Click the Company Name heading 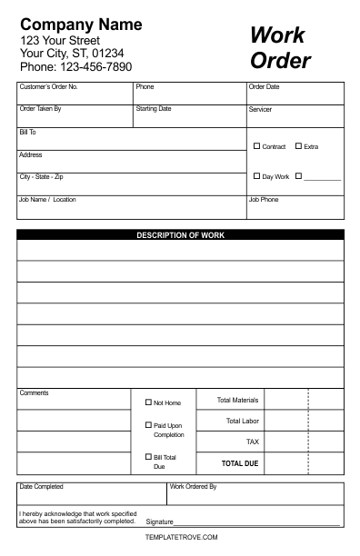click(81, 25)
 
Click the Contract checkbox click(256, 146)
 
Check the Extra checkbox click(298, 146)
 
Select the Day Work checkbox click(256, 176)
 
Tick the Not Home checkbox click(148, 402)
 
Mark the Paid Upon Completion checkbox click(148, 425)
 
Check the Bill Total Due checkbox click(148, 457)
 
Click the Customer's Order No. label click(48, 87)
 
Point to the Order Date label click(264, 87)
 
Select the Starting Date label click(153, 109)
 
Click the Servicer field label click(260, 110)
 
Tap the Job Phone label click(264, 199)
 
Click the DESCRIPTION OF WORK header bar click(180, 235)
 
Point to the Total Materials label click(237, 400)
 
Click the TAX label click(253, 442)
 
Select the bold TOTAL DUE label click(240, 463)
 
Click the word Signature click(159, 522)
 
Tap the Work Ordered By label click(194, 487)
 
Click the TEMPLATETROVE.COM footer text click(181, 537)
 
